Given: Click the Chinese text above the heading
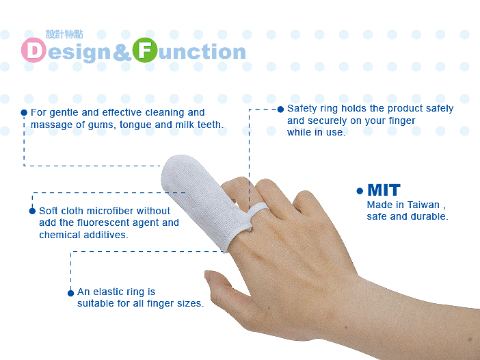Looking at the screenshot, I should coord(64,34).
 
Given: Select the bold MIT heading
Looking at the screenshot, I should coord(384,190).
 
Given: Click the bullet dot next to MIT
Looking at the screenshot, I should coord(360,191).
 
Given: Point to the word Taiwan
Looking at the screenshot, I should coord(423,205).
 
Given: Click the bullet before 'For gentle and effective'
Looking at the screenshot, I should coord(24,112).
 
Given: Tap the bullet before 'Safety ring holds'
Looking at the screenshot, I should coord(280,109).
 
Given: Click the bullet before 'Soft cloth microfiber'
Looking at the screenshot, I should coord(32,211).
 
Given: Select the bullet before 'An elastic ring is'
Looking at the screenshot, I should coord(70,292).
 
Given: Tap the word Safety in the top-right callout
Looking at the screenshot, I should coord(302,108).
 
